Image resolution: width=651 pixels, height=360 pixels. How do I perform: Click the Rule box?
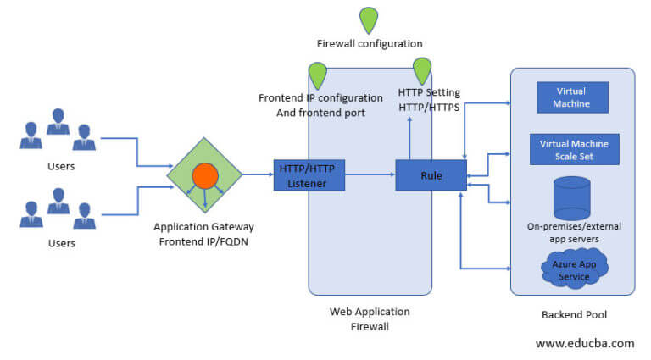pos(430,175)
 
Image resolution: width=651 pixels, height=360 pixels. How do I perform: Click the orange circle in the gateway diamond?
pos(206,175)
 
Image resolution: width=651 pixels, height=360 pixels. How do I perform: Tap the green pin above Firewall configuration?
pos(369,20)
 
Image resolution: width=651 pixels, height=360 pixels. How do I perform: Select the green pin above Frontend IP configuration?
pos(318,75)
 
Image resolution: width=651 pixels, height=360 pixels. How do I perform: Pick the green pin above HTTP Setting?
pos(422,71)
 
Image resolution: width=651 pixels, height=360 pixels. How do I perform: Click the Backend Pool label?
pos(574,314)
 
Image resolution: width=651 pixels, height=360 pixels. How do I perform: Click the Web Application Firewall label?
pos(370,318)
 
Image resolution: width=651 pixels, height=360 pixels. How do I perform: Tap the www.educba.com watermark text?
pos(584,343)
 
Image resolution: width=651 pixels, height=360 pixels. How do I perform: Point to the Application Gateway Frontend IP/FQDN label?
pos(203,233)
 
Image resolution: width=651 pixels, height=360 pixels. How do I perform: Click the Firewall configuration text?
pos(369,43)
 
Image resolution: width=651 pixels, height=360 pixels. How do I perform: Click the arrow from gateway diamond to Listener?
pos(257,175)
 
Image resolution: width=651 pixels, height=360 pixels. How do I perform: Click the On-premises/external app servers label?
pos(574,232)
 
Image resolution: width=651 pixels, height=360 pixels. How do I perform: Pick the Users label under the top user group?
pos(61,166)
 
